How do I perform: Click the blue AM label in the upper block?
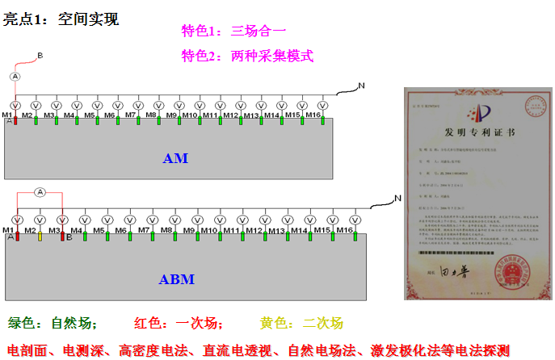[175, 158]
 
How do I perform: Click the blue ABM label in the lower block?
[175, 279]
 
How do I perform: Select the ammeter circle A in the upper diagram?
[15, 76]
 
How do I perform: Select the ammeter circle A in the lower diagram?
[39, 191]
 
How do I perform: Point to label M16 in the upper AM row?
[314, 115]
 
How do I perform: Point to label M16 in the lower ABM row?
[345, 231]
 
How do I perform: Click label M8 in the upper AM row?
[151, 115]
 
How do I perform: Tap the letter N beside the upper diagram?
[361, 85]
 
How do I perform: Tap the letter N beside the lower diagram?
[397, 199]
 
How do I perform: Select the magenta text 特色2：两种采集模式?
[247, 56]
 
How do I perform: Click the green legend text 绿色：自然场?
[53, 324]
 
